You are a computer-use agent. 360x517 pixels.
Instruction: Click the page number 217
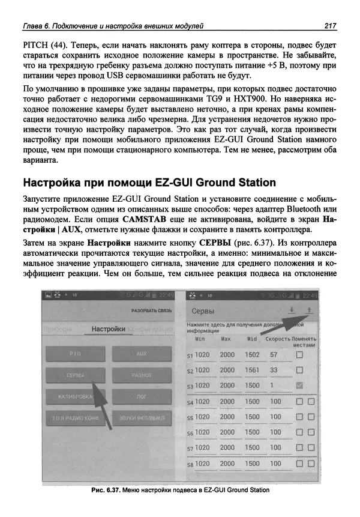click(329, 25)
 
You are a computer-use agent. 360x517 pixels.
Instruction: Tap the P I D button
click(74, 354)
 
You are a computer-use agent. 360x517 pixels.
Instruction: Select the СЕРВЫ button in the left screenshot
click(74, 375)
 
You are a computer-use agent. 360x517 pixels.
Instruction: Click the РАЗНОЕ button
click(142, 375)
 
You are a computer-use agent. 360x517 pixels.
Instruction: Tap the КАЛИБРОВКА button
click(74, 398)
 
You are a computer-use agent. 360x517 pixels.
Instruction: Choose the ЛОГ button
click(142, 398)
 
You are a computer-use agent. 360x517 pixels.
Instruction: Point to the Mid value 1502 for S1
click(253, 355)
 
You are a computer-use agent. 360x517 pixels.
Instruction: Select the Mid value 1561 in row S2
click(253, 370)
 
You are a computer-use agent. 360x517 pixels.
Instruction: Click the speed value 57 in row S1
click(274, 355)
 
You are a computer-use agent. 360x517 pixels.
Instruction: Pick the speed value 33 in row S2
click(274, 370)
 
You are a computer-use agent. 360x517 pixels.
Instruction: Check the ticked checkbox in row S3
click(299, 385)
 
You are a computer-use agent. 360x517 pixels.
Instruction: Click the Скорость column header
click(278, 339)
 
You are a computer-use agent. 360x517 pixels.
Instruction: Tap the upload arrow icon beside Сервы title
click(310, 310)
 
